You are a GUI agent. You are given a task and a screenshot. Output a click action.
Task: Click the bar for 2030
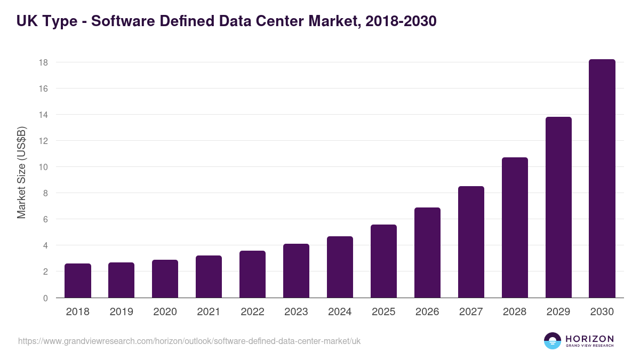click(602, 179)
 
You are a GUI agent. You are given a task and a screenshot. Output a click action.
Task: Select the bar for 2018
click(78, 281)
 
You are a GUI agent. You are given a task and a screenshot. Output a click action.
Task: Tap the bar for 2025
click(384, 261)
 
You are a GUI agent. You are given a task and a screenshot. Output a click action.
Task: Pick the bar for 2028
click(515, 228)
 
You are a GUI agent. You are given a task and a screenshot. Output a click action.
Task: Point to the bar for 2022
click(253, 274)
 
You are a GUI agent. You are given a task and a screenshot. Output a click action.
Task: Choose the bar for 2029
click(558, 207)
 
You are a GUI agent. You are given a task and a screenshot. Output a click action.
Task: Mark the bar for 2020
click(165, 279)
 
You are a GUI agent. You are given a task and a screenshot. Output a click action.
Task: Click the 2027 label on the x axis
click(471, 312)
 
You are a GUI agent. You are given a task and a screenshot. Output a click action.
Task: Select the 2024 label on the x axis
click(340, 312)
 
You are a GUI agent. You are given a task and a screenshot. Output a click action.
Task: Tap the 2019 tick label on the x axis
click(122, 312)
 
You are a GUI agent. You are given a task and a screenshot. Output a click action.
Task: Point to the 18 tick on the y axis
click(43, 62)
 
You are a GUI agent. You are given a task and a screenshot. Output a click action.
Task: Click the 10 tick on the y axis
click(43, 167)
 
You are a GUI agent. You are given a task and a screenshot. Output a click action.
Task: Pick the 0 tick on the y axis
click(45, 298)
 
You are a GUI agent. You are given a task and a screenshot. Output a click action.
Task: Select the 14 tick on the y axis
click(43, 115)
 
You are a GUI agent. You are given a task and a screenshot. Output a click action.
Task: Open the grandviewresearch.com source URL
click(189, 341)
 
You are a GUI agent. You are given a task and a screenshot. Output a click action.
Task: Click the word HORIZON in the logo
click(589, 338)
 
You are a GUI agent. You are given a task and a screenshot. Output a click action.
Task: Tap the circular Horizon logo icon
click(553, 341)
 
